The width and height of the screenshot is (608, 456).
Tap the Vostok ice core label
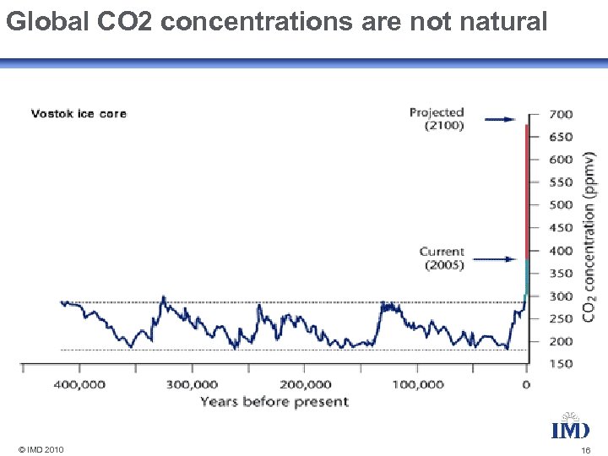(79, 113)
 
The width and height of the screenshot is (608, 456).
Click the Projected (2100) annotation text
(437, 119)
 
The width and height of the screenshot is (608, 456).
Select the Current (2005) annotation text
(442, 258)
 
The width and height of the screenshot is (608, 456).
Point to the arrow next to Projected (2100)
(502, 120)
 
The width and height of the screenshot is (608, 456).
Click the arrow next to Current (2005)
(502, 259)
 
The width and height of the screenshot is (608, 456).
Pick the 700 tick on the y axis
(561, 114)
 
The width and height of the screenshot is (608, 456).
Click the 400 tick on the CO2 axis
(561, 251)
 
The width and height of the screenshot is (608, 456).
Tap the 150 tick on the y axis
(561, 364)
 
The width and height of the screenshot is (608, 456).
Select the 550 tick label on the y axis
(561, 182)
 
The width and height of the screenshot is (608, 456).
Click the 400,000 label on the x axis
(80, 384)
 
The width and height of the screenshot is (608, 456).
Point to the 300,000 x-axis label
(192, 384)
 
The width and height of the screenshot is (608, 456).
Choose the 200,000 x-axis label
(305, 384)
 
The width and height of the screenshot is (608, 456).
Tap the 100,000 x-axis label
(417, 384)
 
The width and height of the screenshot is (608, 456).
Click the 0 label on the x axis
(527, 384)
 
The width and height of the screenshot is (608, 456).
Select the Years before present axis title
(274, 402)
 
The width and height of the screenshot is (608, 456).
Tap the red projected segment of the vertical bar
(528, 194)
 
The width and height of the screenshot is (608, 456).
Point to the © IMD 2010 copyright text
(40, 449)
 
